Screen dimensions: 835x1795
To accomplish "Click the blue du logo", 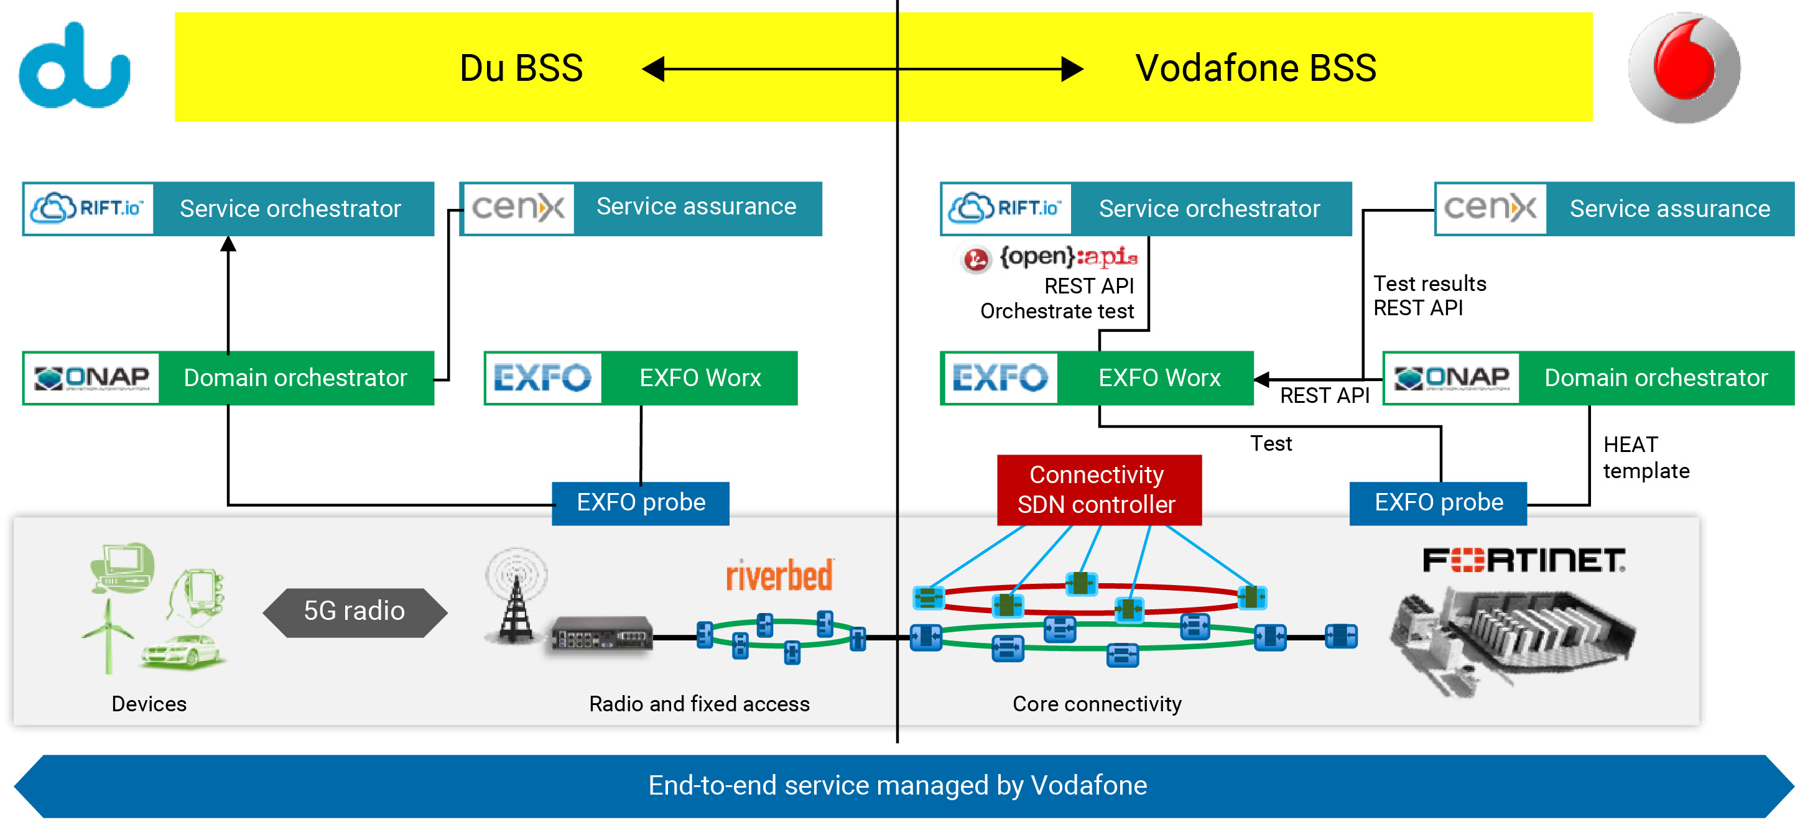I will click(74, 67).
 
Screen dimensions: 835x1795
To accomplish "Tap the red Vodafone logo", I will click(1684, 67).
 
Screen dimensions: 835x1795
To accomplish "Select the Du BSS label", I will click(521, 68).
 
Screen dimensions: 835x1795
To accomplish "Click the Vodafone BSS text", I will click(1256, 68).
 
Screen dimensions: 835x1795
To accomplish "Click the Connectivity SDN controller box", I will click(1098, 489).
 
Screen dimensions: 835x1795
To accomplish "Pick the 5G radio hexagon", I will click(355, 611).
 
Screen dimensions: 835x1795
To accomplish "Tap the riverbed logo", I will click(779, 575).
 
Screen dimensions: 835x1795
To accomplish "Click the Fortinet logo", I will click(1523, 560).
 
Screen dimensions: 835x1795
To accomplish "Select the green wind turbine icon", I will click(108, 634).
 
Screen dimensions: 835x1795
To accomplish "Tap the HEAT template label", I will click(1645, 458).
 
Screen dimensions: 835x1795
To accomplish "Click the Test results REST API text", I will click(1429, 296).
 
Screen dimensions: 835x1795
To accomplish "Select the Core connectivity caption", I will click(1097, 704).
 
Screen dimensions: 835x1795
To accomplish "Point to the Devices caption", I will click(149, 704).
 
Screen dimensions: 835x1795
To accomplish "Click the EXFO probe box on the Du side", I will click(641, 503).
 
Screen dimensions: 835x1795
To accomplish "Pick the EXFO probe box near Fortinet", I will click(1438, 503).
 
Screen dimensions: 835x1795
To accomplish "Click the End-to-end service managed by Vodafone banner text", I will click(897, 785).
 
